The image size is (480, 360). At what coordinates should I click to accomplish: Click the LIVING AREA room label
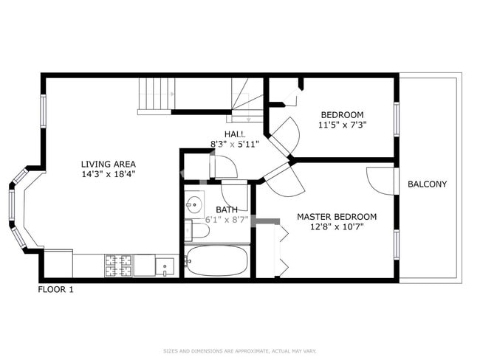(108, 164)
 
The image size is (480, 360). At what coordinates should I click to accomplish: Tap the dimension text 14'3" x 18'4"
(108, 174)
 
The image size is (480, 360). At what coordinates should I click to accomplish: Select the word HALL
(235, 134)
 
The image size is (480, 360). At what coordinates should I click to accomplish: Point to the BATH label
(227, 210)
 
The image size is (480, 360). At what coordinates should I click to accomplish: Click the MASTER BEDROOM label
(336, 217)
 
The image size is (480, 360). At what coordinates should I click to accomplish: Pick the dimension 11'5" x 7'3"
(342, 125)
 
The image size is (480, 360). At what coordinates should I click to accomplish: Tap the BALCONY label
(427, 184)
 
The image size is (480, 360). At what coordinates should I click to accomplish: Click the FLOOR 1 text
(56, 290)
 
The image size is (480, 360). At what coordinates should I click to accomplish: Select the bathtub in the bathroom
(216, 260)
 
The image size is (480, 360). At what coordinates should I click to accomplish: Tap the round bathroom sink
(195, 204)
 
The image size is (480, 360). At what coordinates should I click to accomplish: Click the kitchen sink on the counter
(164, 265)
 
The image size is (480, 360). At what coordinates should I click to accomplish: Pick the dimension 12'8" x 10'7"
(336, 227)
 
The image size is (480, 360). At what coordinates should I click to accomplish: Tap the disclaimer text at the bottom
(239, 351)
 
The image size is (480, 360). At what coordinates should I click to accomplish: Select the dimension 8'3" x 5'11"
(235, 144)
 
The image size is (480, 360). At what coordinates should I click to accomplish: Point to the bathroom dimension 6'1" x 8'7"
(227, 220)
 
